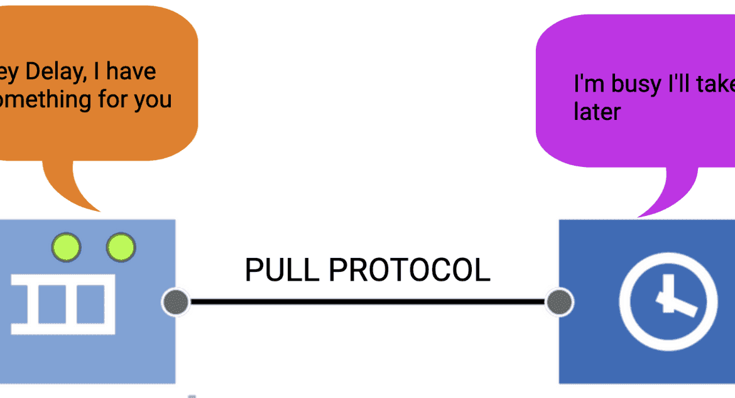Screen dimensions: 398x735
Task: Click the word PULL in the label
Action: pyautogui.click(x=282, y=271)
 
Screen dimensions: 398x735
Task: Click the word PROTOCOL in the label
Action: pyautogui.click(x=410, y=271)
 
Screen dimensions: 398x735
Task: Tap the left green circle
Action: pyautogui.click(x=66, y=247)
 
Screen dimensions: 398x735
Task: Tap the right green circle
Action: pyautogui.click(x=120, y=247)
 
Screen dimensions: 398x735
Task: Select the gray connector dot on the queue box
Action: pyautogui.click(x=175, y=303)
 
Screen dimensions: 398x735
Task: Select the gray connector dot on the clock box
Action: pyautogui.click(x=558, y=303)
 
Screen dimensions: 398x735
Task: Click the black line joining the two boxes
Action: pyautogui.click(x=367, y=303)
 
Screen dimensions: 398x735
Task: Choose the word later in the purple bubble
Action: pyautogui.click(x=597, y=112)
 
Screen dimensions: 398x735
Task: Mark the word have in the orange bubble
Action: pyautogui.click(x=131, y=72)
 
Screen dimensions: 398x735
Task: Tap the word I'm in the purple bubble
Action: pyautogui.click(x=588, y=84)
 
